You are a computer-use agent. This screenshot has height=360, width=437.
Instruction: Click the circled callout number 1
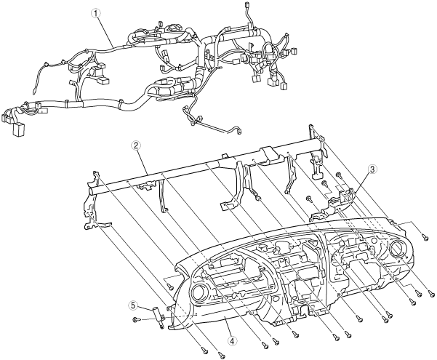pyautogui.click(x=93, y=12)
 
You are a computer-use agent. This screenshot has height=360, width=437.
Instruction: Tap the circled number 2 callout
pyautogui.click(x=135, y=145)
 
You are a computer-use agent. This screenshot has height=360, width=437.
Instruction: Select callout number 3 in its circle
pyautogui.click(x=372, y=169)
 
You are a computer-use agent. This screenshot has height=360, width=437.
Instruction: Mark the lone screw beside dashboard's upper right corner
pyautogui.click(x=425, y=236)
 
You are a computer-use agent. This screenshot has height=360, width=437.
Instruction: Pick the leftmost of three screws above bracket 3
pyautogui.click(x=309, y=197)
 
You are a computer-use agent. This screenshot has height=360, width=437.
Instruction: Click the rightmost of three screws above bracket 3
pyautogui.click(x=339, y=175)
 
